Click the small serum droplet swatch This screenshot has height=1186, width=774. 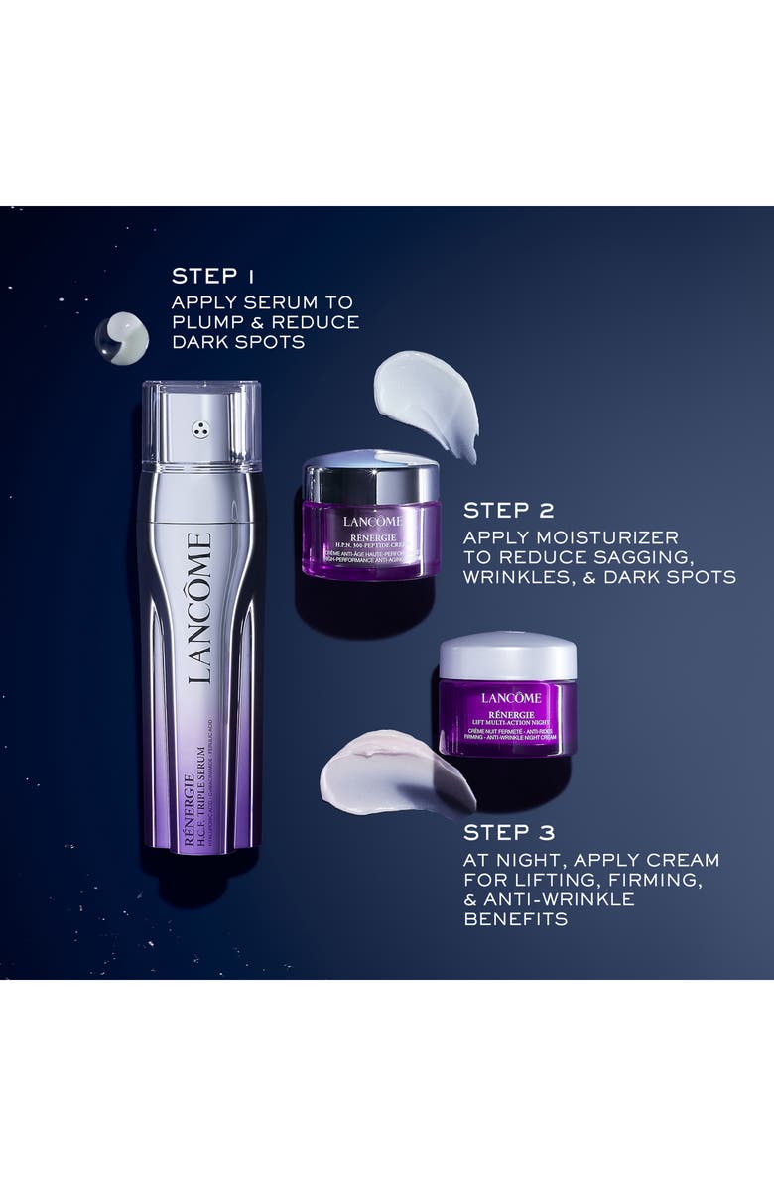click(122, 338)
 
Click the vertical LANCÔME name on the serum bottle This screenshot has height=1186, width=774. click(199, 608)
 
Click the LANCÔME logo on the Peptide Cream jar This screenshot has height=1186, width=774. click(372, 522)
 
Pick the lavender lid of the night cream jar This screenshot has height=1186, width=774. click(507, 653)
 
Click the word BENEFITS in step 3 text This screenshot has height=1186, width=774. click(515, 919)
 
